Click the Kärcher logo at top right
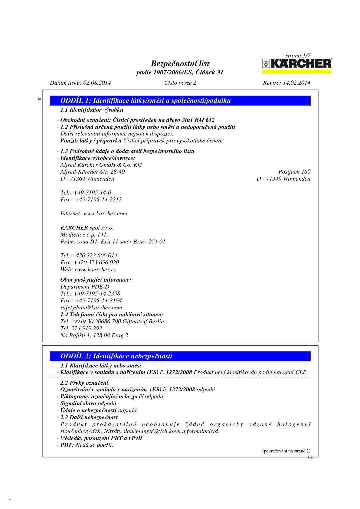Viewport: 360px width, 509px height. pos(297,64)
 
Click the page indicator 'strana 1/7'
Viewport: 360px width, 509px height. pos(298,56)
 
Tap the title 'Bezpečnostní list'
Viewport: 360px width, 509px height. pos(180,64)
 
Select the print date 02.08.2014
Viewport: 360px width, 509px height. pos(97,83)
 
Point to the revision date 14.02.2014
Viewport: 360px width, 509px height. pos(296,83)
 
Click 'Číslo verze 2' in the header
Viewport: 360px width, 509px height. pos(180,83)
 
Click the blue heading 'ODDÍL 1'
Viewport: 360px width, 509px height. pos(146,101)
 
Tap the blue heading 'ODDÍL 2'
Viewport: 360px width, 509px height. pos(116,356)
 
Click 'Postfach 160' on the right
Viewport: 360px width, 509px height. pos(294,172)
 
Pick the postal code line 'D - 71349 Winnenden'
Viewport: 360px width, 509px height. pos(283,179)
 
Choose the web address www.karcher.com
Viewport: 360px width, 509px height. pos(105,214)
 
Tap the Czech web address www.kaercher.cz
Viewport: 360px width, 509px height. pos(95,269)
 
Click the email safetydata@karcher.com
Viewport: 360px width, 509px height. pos(91,308)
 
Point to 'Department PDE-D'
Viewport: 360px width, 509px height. pos(85,287)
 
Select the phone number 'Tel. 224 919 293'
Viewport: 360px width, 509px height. pos(81,328)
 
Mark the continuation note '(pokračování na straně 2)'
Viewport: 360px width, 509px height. pos(286,451)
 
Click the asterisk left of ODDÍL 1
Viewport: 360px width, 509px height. pos(39,99)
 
